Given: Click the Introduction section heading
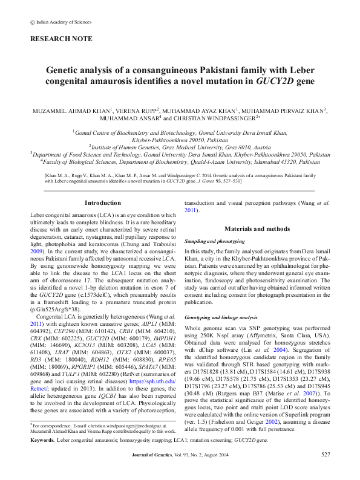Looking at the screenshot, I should coord(102,186).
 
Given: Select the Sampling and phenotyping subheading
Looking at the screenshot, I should coord(214,240).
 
